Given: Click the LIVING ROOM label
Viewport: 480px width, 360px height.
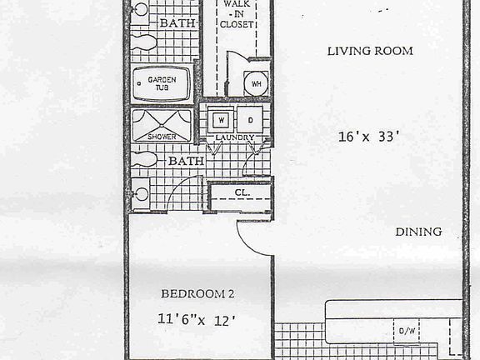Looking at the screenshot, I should pos(369,51).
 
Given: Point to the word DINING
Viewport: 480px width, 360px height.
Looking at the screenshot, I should pos(417,232).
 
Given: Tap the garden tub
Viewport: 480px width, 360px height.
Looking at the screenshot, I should pos(162,83).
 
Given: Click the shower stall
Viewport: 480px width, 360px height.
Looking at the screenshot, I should pos(161,126).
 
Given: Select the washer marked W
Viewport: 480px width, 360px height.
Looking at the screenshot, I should pos(220,117).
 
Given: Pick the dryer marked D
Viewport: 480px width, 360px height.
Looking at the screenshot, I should pos(248,117).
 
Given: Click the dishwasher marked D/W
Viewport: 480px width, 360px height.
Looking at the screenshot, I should pos(407,331).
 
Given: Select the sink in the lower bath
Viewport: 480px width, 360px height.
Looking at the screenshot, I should pos(141,194).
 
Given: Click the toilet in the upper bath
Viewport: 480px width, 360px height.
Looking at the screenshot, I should pos(142,42).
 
